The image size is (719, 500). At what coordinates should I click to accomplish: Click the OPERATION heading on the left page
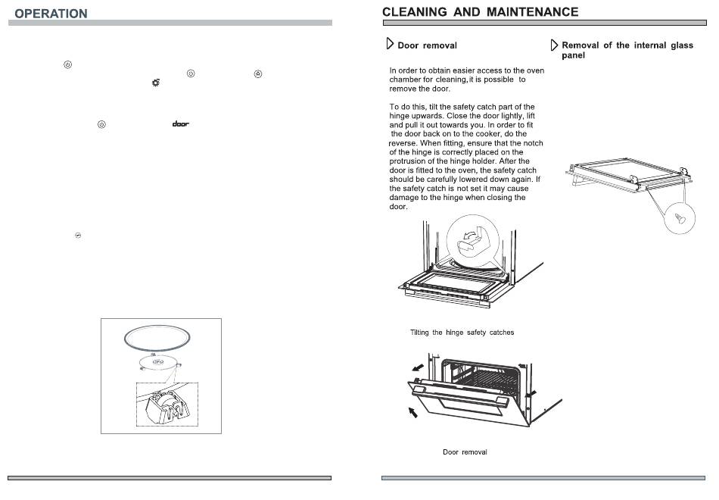pyautogui.click(x=51, y=14)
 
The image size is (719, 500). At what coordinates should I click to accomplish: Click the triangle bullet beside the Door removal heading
pyautogui.click(x=390, y=44)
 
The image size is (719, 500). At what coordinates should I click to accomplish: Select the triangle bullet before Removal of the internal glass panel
pyautogui.click(x=554, y=45)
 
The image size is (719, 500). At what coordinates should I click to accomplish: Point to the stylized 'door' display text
pyautogui.click(x=181, y=124)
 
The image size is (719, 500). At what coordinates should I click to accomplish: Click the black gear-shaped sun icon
pyautogui.click(x=156, y=83)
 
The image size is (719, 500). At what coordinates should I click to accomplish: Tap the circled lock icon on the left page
pyautogui.click(x=258, y=74)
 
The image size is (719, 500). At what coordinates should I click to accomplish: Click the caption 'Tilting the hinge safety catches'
pyautogui.click(x=462, y=333)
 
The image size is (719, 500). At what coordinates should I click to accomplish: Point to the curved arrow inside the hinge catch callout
pyautogui.click(x=468, y=236)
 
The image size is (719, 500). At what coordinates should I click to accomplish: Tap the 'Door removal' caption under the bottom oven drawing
pyautogui.click(x=465, y=452)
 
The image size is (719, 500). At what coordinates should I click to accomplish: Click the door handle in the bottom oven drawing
pyautogui.click(x=460, y=395)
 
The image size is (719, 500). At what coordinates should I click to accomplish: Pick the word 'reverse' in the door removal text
pyautogui.click(x=403, y=142)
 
